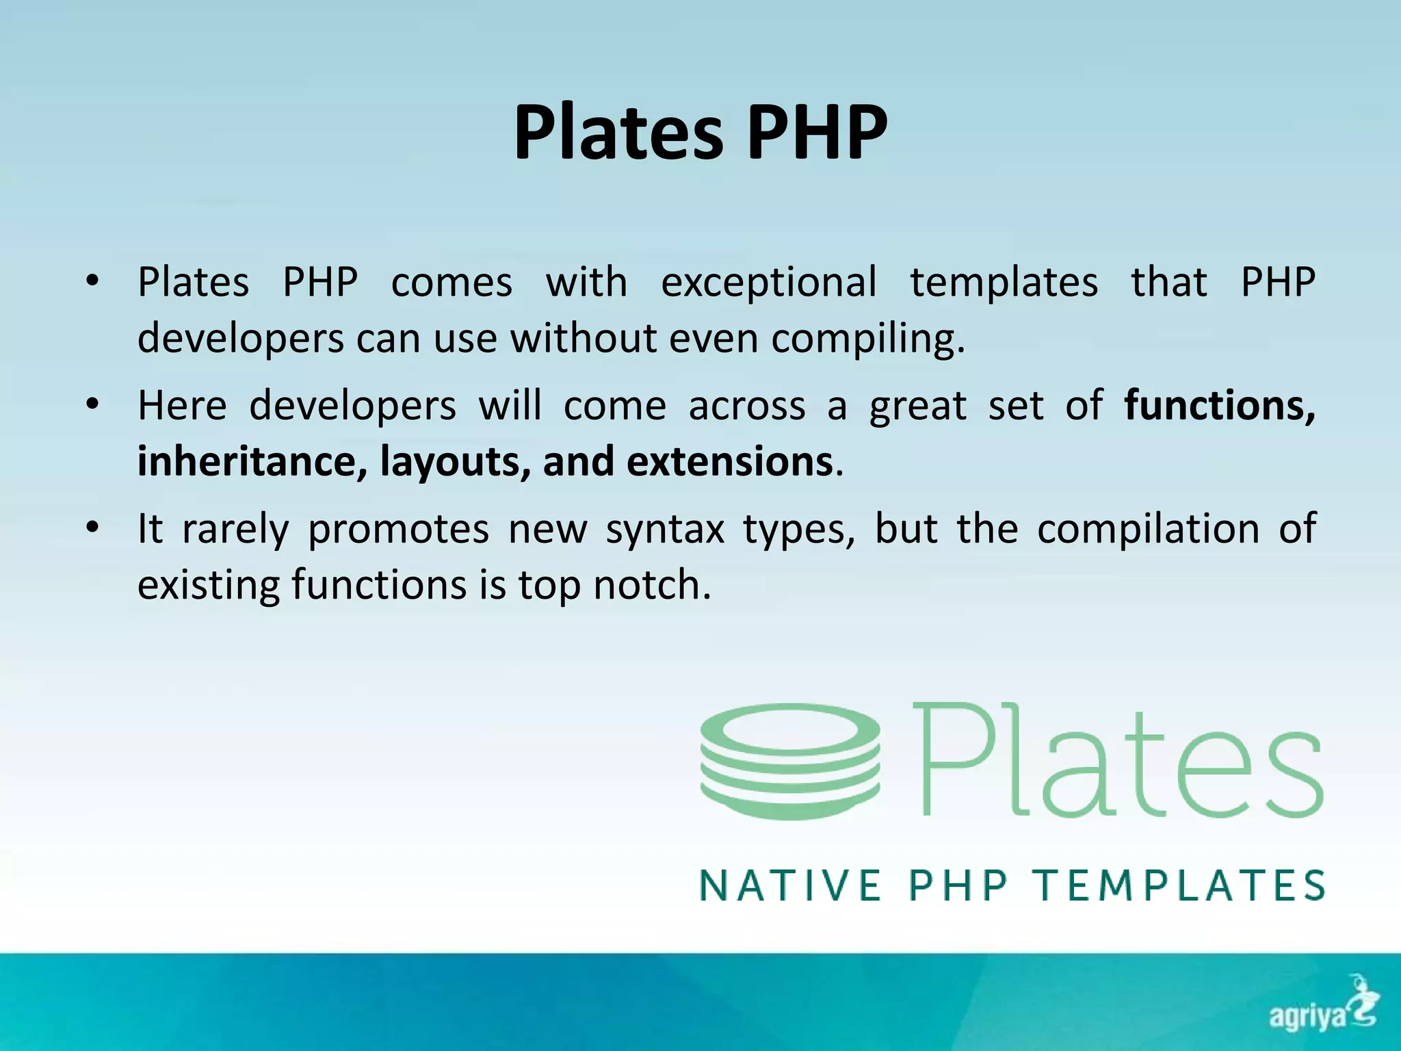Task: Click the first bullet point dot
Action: [93, 281]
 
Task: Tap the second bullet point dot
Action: [93, 404]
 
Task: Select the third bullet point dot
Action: [93, 528]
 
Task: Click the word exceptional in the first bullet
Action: [768, 283]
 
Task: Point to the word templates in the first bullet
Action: [1004, 283]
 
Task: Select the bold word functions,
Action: [1219, 405]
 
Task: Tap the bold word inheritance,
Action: [252, 461]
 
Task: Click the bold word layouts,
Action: [455, 461]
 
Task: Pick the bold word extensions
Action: [729, 461]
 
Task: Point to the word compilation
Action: [1148, 529]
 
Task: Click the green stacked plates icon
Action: [790, 761]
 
